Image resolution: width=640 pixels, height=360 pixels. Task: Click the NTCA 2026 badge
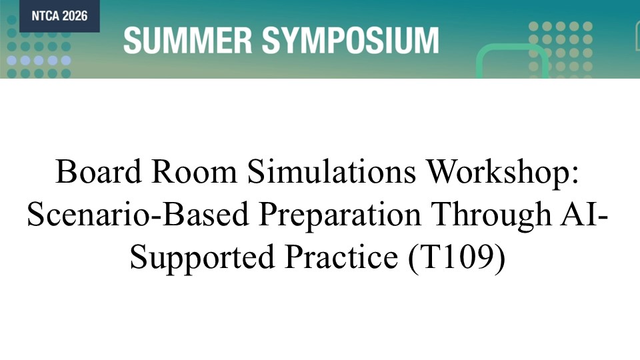point(50,16)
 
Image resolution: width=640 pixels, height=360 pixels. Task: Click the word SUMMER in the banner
point(187,41)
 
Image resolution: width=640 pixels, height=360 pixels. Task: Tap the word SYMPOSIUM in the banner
point(350,41)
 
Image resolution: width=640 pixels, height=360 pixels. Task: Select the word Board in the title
point(99,171)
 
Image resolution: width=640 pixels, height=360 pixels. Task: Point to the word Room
point(194,171)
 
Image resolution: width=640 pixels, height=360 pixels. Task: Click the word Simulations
point(331,171)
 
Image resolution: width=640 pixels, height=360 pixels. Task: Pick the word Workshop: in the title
point(503,171)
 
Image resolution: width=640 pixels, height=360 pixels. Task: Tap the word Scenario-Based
point(138,214)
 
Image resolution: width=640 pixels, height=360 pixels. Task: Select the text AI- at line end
point(585,214)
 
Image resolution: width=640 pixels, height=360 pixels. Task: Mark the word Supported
point(202,258)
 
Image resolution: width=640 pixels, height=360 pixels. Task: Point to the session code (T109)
point(457,257)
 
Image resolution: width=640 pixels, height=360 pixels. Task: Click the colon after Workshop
point(575,176)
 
